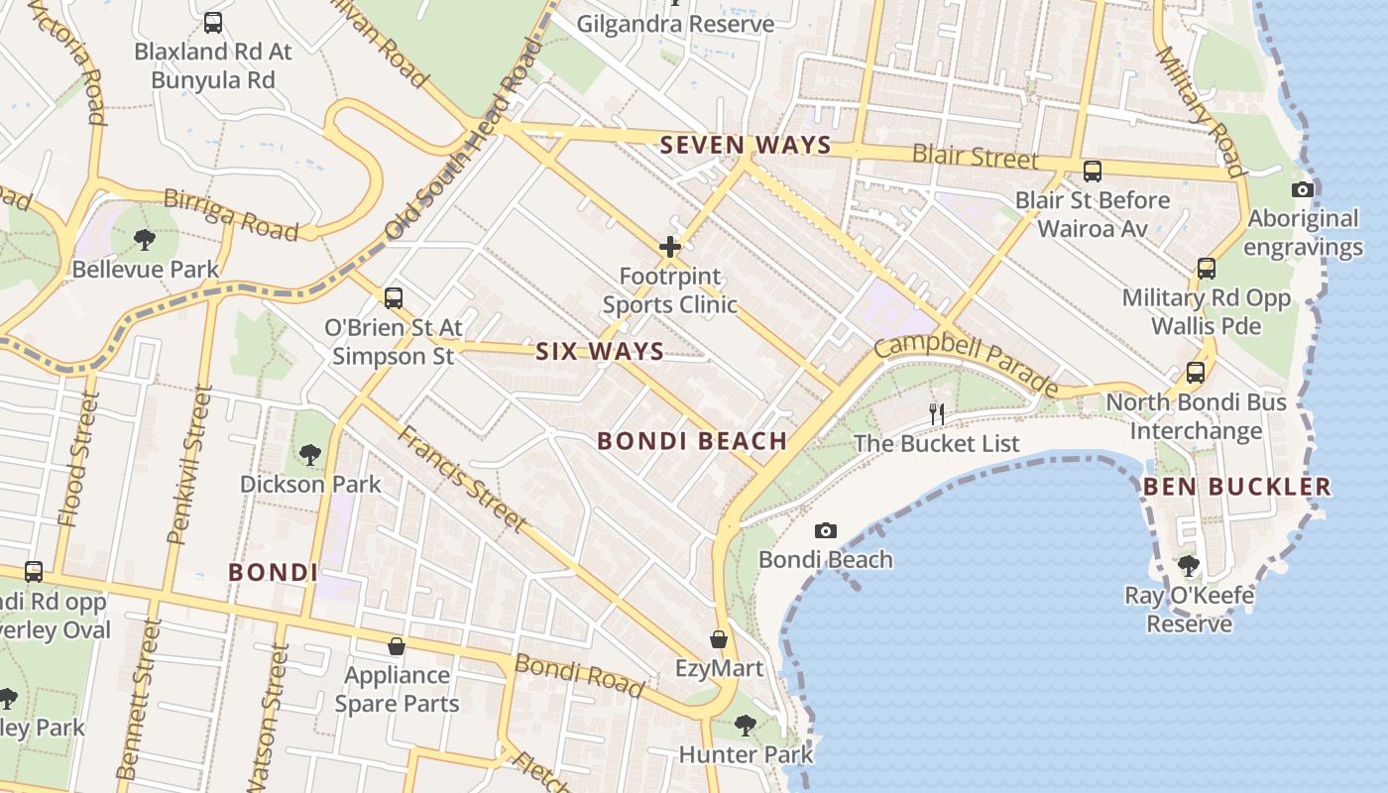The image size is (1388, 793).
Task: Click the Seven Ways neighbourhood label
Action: (x=746, y=146)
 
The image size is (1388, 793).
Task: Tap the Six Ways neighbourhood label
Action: (x=600, y=352)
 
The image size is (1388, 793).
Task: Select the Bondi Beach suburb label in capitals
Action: (x=692, y=441)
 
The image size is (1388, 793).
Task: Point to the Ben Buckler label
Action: (x=1236, y=487)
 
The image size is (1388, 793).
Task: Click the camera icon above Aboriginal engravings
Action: (x=1303, y=189)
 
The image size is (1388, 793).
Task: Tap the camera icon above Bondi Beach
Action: (x=825, y=531)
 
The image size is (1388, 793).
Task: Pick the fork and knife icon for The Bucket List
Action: (x=936, y=413)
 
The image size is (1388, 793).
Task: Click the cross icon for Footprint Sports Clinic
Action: (x=670, y=247)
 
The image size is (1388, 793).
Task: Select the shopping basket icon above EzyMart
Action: (x=719, y=640)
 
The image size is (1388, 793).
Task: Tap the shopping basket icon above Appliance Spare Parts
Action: (x=397, y=646)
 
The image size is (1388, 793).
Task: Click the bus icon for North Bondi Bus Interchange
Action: (x=1196, y=373)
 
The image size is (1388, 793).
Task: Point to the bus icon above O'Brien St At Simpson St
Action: (x=394, y=297)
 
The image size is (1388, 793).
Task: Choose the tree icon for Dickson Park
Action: (x=310, y=455)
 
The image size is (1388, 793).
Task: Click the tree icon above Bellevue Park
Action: (x=145, y=239)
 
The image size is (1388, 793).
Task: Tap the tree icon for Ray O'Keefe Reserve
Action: (x=1188, y=566)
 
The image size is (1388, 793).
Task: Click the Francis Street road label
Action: (x=462, y=478)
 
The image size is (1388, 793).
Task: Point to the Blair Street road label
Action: (x=976, y=157)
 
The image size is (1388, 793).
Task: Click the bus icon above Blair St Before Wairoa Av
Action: (x=1092, y=171)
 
